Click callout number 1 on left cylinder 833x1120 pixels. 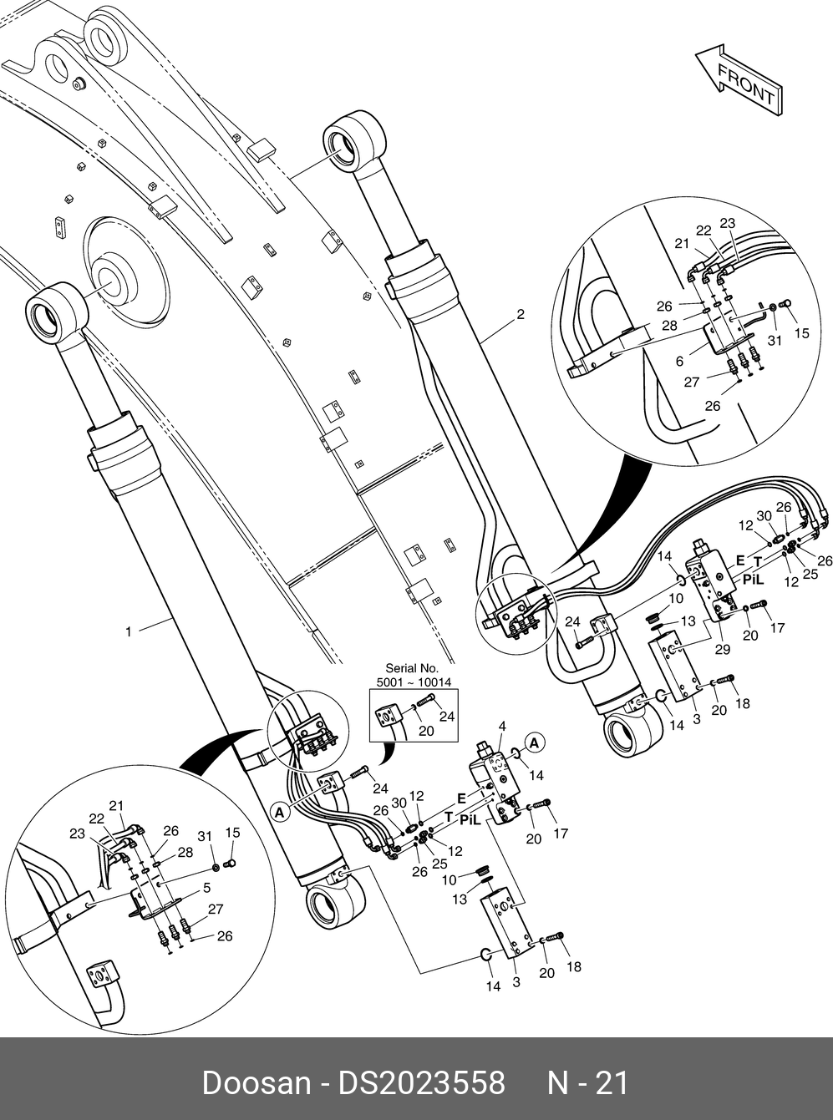point(128,631)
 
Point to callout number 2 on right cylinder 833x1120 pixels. point(521,315)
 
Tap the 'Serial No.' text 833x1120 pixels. point(412,668)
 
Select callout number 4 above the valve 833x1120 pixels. point(501,726)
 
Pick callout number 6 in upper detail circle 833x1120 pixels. point(679,361)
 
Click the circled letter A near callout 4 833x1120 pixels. point(536,742)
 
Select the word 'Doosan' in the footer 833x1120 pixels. point(256,1083)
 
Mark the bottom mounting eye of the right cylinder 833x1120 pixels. point(632,735)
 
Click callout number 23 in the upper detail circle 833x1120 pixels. point(727,223)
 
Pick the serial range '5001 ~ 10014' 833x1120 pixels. point(414,682)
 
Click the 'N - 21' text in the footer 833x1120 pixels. point(587,1083)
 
